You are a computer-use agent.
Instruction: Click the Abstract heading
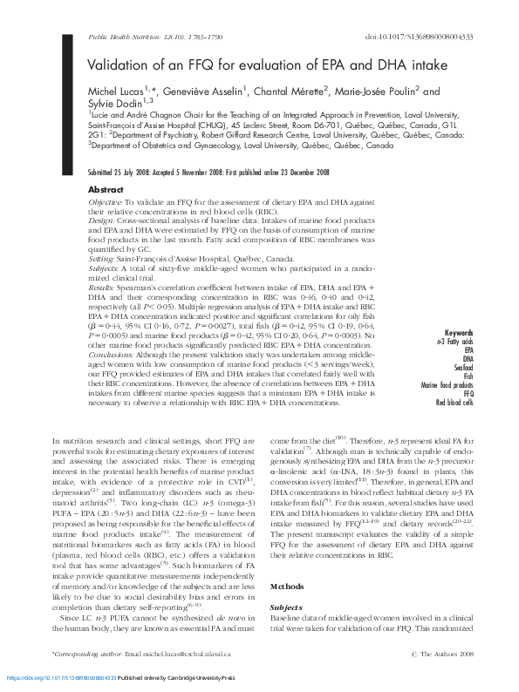(106, 189)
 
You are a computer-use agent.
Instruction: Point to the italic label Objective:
(107, 202)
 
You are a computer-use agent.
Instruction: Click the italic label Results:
(103, 288)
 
